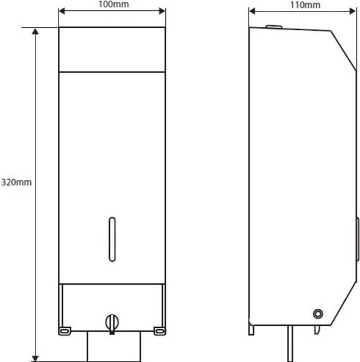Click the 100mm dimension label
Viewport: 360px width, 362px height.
pos(113,4)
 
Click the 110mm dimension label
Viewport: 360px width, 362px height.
pos(305,5)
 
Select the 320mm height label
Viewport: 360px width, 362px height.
pos(16,182)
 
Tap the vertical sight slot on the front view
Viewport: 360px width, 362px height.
pos(112,240)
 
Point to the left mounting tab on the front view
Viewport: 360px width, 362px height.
pos(65,331)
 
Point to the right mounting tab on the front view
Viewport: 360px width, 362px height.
pos(160,331)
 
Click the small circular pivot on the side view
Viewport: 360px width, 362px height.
pos(318,314)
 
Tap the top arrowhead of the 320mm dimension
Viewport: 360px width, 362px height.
pos(36,31)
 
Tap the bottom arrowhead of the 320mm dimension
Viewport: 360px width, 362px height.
pos(36,358)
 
